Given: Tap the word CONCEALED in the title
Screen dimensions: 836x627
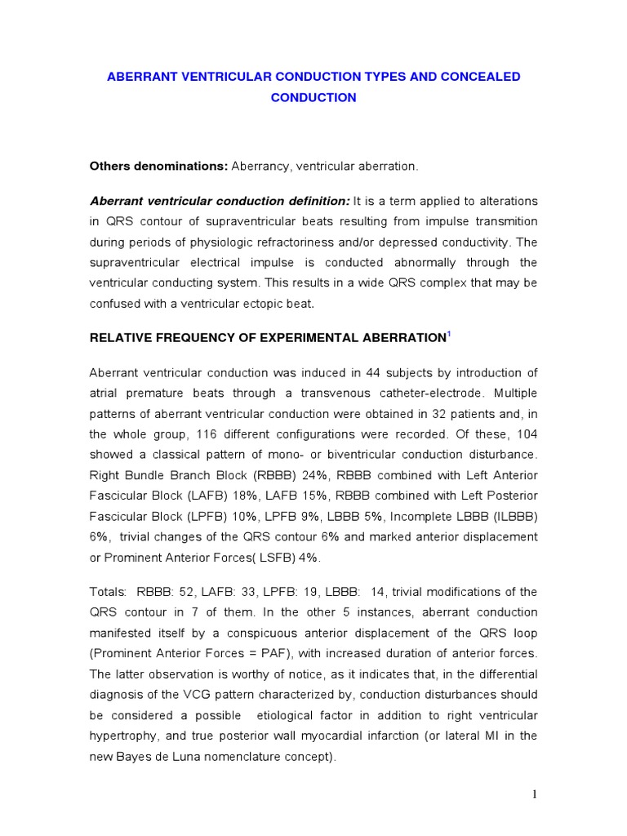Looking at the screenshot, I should pyautogui.click(x=479, y=77).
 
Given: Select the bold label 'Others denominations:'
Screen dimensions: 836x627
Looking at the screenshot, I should pyautogui.click(x=158, y=167).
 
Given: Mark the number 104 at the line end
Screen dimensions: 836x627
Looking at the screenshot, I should pyautogui.click(x=526, y=434).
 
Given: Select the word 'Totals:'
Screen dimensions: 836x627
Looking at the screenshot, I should pyautogui.click(x=108, y=591).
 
